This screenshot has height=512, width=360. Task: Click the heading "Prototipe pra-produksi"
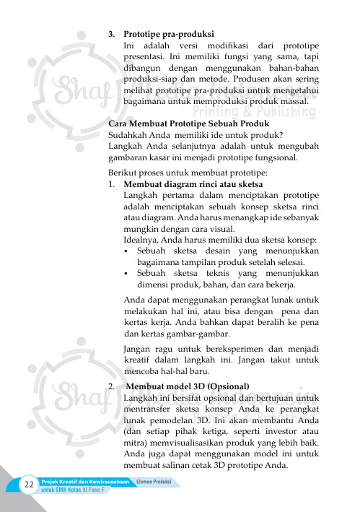coord(168,33)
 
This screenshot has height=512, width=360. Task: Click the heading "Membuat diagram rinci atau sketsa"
coord(189,184)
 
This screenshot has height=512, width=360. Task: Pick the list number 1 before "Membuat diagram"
coord(110,184)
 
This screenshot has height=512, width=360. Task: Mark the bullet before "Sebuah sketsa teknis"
coord(127,274)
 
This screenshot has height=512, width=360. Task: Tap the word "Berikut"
coord(123,173)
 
